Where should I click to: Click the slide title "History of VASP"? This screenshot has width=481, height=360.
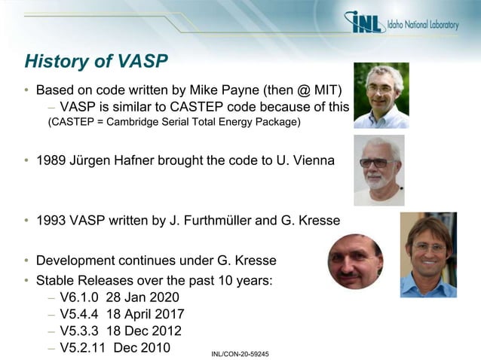point(97,60)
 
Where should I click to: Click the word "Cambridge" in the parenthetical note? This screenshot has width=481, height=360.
point(127,123)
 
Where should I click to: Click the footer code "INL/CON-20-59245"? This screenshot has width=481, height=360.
point(240,352)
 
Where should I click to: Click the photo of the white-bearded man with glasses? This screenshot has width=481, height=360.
point(379,170)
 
